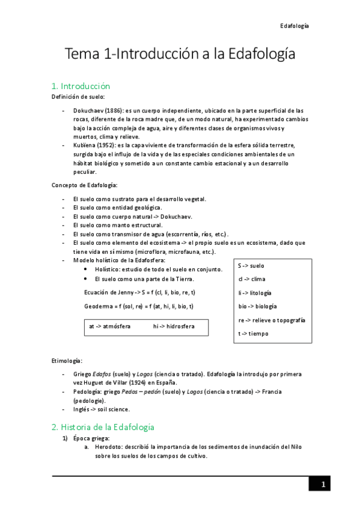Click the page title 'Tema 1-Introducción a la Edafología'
[180, 55]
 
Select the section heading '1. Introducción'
[81, 86]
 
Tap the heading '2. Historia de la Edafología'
[103, 427]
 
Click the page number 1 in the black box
[323, 485]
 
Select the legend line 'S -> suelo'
[251, 265]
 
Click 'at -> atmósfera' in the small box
[110, 327]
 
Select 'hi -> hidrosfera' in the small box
[174, 327]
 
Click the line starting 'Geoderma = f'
[139, 307]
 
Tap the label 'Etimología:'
[67, 361]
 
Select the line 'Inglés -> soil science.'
[101, 410]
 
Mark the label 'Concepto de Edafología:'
[84, 184]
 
